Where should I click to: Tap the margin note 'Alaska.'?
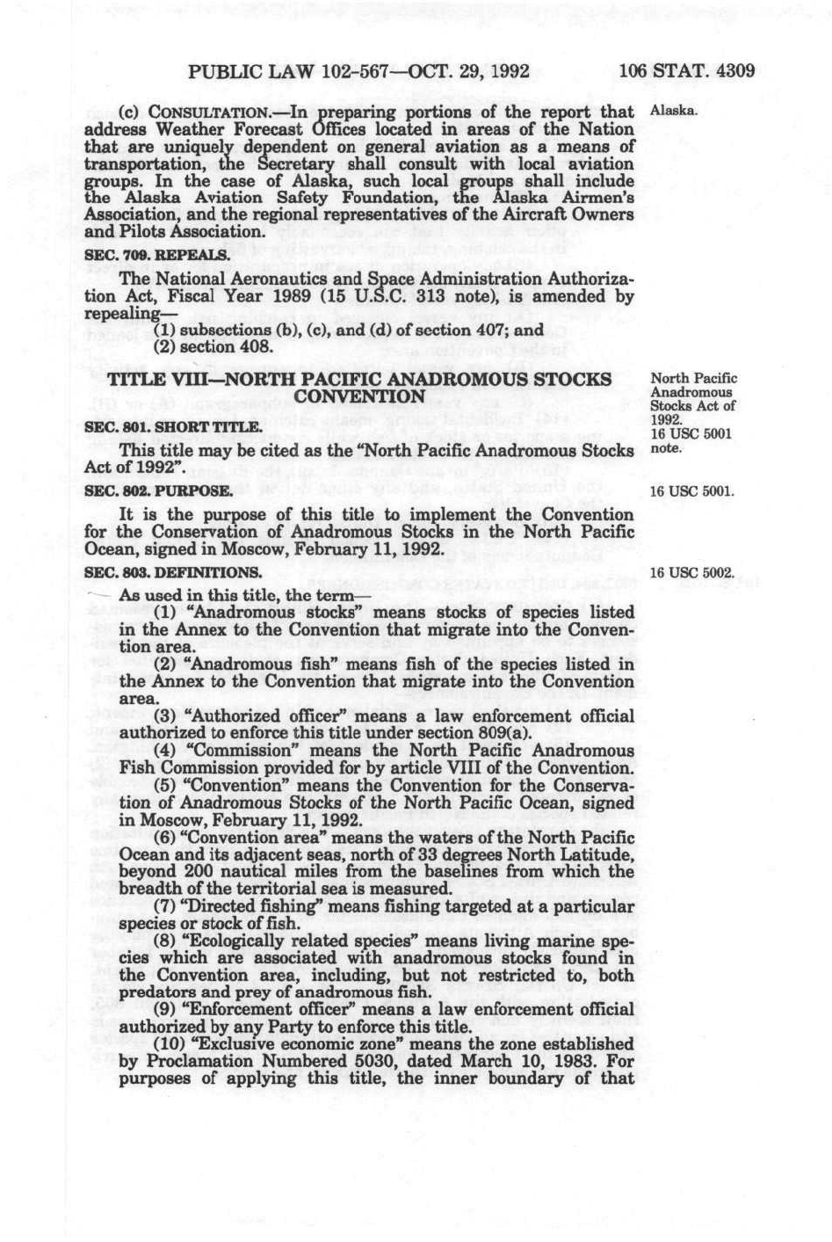coord(673,112)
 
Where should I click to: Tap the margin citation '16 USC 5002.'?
coord(691,573)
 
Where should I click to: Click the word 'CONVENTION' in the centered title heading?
coord(359,396)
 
